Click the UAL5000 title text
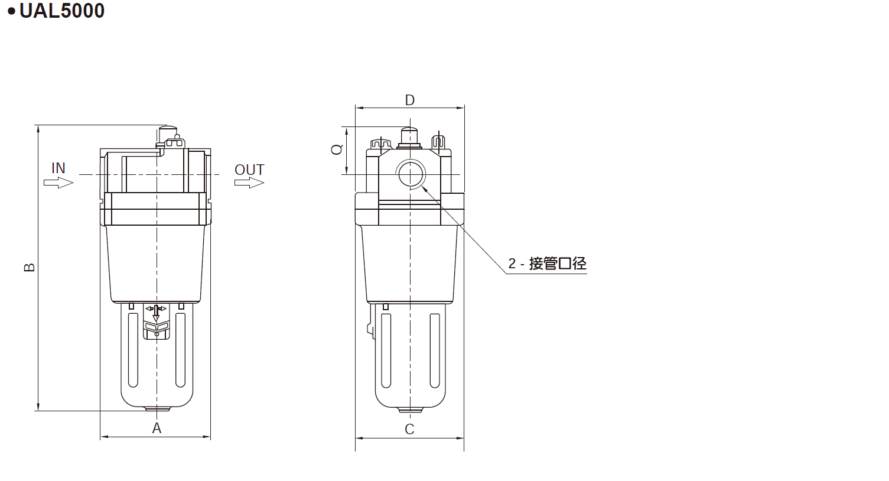pos(61,11)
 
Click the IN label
pos(58,168)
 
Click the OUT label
pos(249,170)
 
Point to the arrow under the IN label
pos(58,183)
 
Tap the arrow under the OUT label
pos(249,183)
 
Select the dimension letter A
pos(157,428)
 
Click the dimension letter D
pos(410,100)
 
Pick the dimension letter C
pos(409,429)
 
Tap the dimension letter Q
pos(337,149)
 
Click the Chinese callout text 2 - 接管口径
pos(548,264)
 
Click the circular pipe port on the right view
pos(411,174)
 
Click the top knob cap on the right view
pos(409,136)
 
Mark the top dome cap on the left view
pos(168,129)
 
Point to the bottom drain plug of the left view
pos(157,408)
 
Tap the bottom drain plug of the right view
pos(410,409)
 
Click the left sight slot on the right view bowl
pos(386,350)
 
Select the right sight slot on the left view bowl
pos(181,350)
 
